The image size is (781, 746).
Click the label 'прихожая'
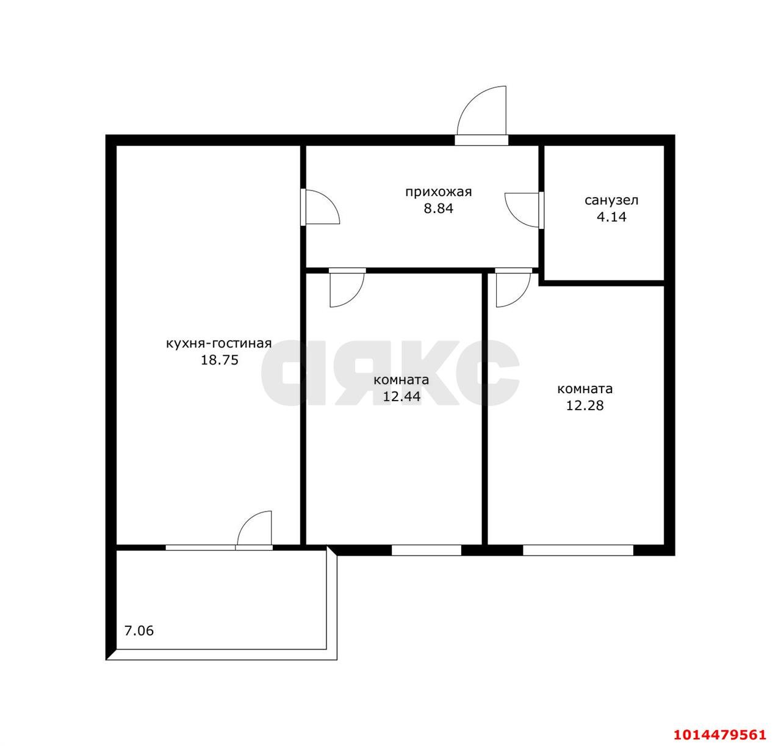pos(438,192)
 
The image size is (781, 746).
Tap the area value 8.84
pos(438,209)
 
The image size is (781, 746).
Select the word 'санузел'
pos(611,200)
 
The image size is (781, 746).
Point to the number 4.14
pos(611,217)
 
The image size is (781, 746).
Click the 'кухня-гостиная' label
pos(218,344)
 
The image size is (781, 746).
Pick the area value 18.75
pos(220,360)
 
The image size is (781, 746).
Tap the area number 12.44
pos(401,397)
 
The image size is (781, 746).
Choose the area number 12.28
pos(585,405)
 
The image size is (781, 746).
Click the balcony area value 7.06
pos(139,631)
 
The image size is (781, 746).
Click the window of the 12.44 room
pos(426,550)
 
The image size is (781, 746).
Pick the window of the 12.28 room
pos(578,550)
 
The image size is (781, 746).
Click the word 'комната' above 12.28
pos(585,389)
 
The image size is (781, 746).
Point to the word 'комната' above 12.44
pos(401,380)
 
